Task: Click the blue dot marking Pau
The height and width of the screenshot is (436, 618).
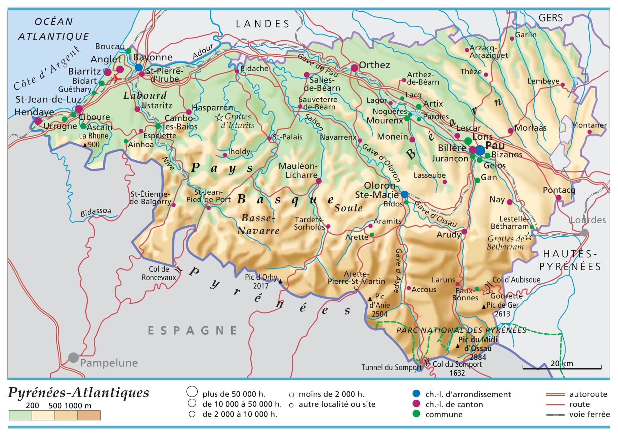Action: [x=480, y=150]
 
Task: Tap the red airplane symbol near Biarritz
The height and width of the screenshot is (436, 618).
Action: [x=115, y=79]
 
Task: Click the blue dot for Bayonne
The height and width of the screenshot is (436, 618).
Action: [x=138, y=67]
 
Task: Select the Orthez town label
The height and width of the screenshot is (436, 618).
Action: [x=374, y=65]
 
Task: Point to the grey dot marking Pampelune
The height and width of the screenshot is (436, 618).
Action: [x=74, y=357]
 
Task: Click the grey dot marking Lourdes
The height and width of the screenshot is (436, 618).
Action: [x=585, y=233]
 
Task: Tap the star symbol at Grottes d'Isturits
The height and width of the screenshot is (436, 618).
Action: [x=219, y=117]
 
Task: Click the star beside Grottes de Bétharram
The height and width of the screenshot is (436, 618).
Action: [x=528, y=236]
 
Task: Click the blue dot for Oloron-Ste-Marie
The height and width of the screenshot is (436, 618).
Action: [x=405, y=194]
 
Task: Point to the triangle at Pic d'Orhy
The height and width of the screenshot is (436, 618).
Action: [x=281, y=281]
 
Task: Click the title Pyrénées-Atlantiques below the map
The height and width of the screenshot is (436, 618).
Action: [x=78, y=392]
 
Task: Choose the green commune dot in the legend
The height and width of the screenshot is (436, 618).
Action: [x=416, y=414]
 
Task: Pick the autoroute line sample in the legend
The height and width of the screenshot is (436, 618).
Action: [x=555, y=394]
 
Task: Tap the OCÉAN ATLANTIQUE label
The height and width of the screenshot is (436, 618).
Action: [x=53, y=29]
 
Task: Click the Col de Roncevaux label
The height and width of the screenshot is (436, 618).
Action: [x=159, y=273]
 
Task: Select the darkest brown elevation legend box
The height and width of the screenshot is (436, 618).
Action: [x=89, y=415]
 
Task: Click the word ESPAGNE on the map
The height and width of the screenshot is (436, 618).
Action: [x=193, y=331]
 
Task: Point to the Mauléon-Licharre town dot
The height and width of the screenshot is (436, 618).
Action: [x=319, y=181]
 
